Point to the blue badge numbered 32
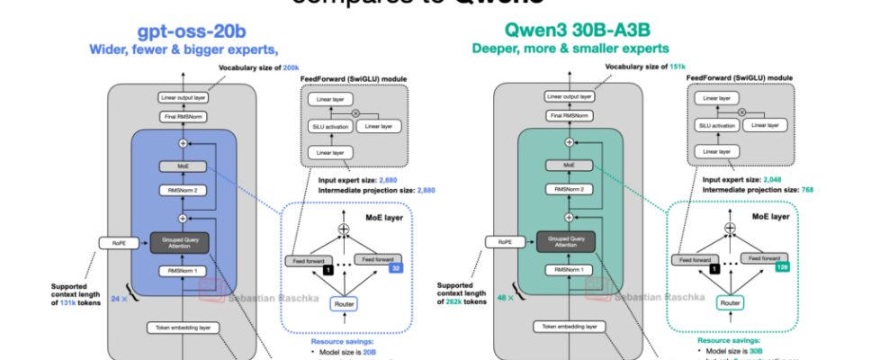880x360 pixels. tap(394, 268)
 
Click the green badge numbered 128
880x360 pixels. tap(781, 268)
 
